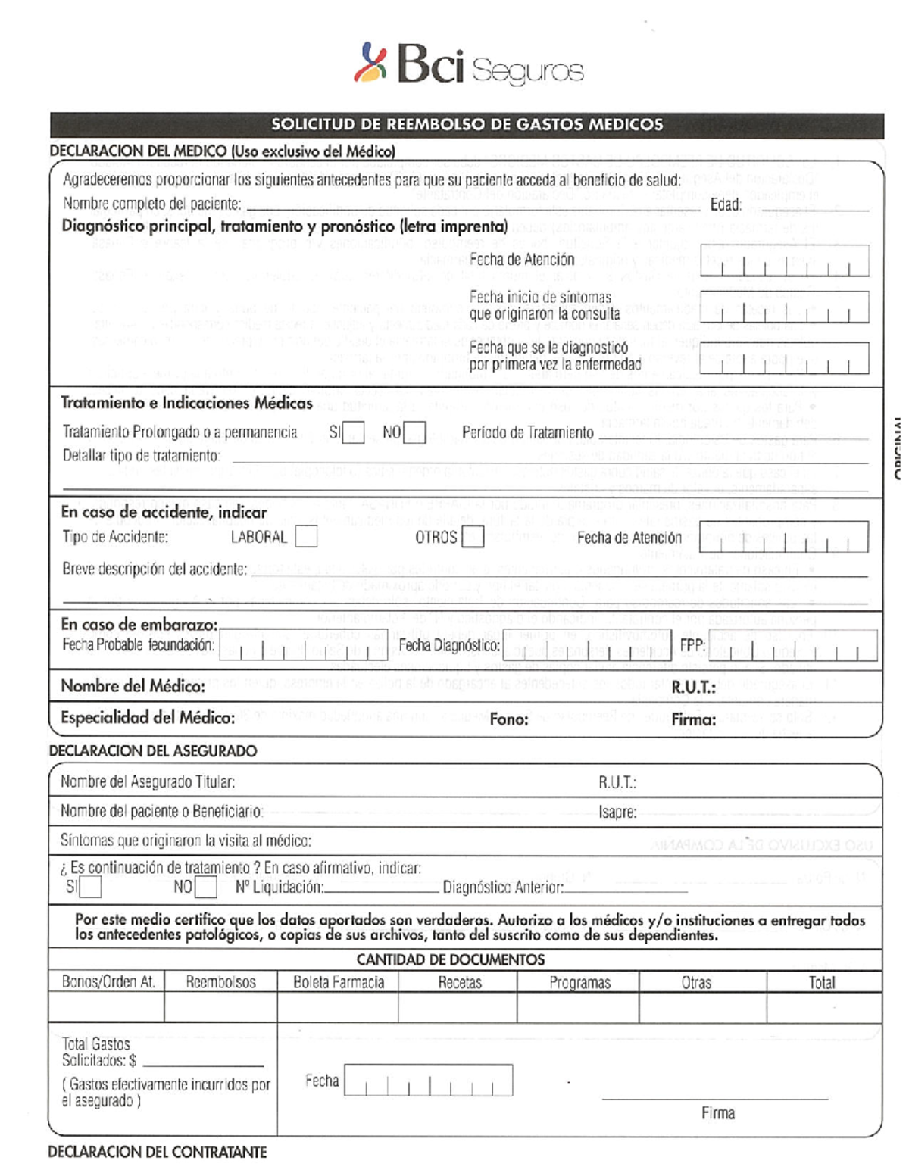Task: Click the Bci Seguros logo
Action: tap(468, 64)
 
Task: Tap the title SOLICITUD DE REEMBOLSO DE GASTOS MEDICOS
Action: tap(467, 125)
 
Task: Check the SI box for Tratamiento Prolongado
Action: tap(354, 433)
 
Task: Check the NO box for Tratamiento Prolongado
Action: tap(414, 433)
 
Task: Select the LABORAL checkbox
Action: tap(306, 538)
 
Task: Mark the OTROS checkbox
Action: tap(473, 538)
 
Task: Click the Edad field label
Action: tap(725, 204)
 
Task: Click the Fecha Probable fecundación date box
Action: tap(303, 646)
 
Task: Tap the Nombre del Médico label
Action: tap(133, 686)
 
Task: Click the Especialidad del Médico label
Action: tap(148, 718)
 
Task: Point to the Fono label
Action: tap(509, 719)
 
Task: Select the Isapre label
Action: tap(617, 813)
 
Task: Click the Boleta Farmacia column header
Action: tap(339, 982)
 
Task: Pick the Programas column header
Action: tap(579, 982)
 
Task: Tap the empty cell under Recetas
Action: tap(458, 1008)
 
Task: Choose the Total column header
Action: tap(822, 982)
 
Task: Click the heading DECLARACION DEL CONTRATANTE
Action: tap(158, 1152)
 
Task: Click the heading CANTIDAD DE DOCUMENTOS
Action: tap(451, 960)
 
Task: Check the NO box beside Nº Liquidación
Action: tap(205, 887)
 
